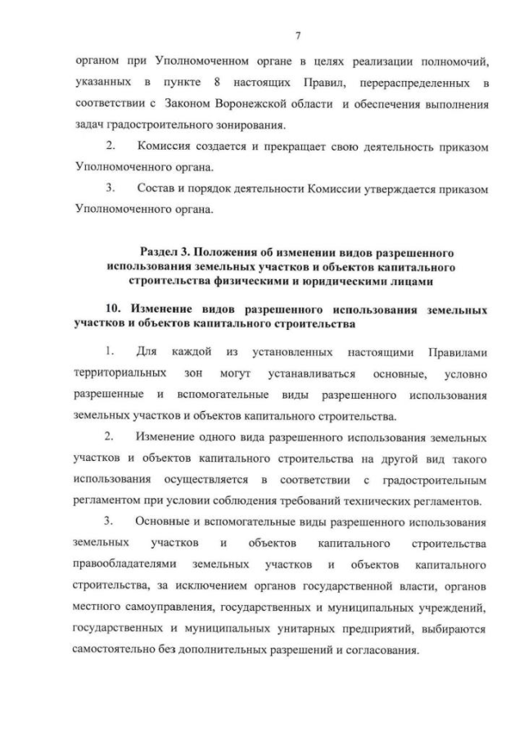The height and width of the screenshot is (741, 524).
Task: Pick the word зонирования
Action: (x=255, y=126)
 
